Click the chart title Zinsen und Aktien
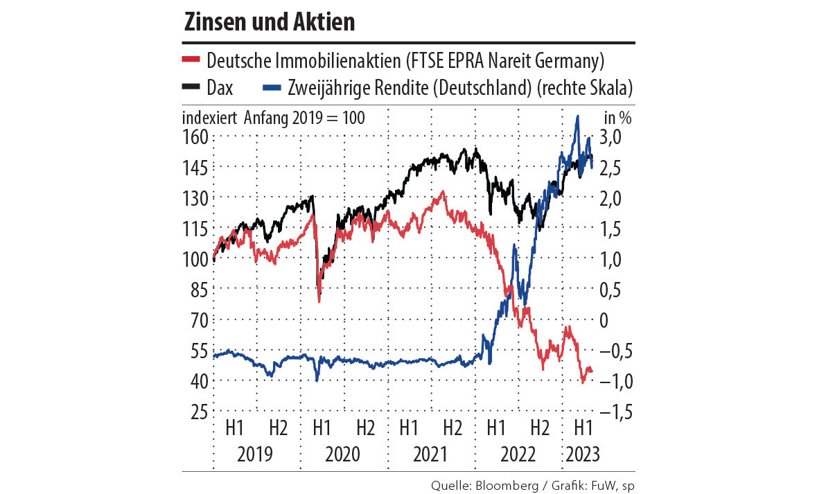[270, 22]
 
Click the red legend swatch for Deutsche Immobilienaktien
[191, 60]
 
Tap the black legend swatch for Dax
[191, 87]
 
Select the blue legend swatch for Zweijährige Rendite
[273, 87]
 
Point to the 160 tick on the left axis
[195, 136]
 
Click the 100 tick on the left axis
[195, 259]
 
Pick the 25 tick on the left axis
[198, 412]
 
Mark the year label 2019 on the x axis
[255, 455]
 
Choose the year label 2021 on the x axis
[430, 455]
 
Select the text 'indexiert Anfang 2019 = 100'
[273, 117]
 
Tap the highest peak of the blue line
[577, 116]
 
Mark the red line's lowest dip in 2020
[319, 301]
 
